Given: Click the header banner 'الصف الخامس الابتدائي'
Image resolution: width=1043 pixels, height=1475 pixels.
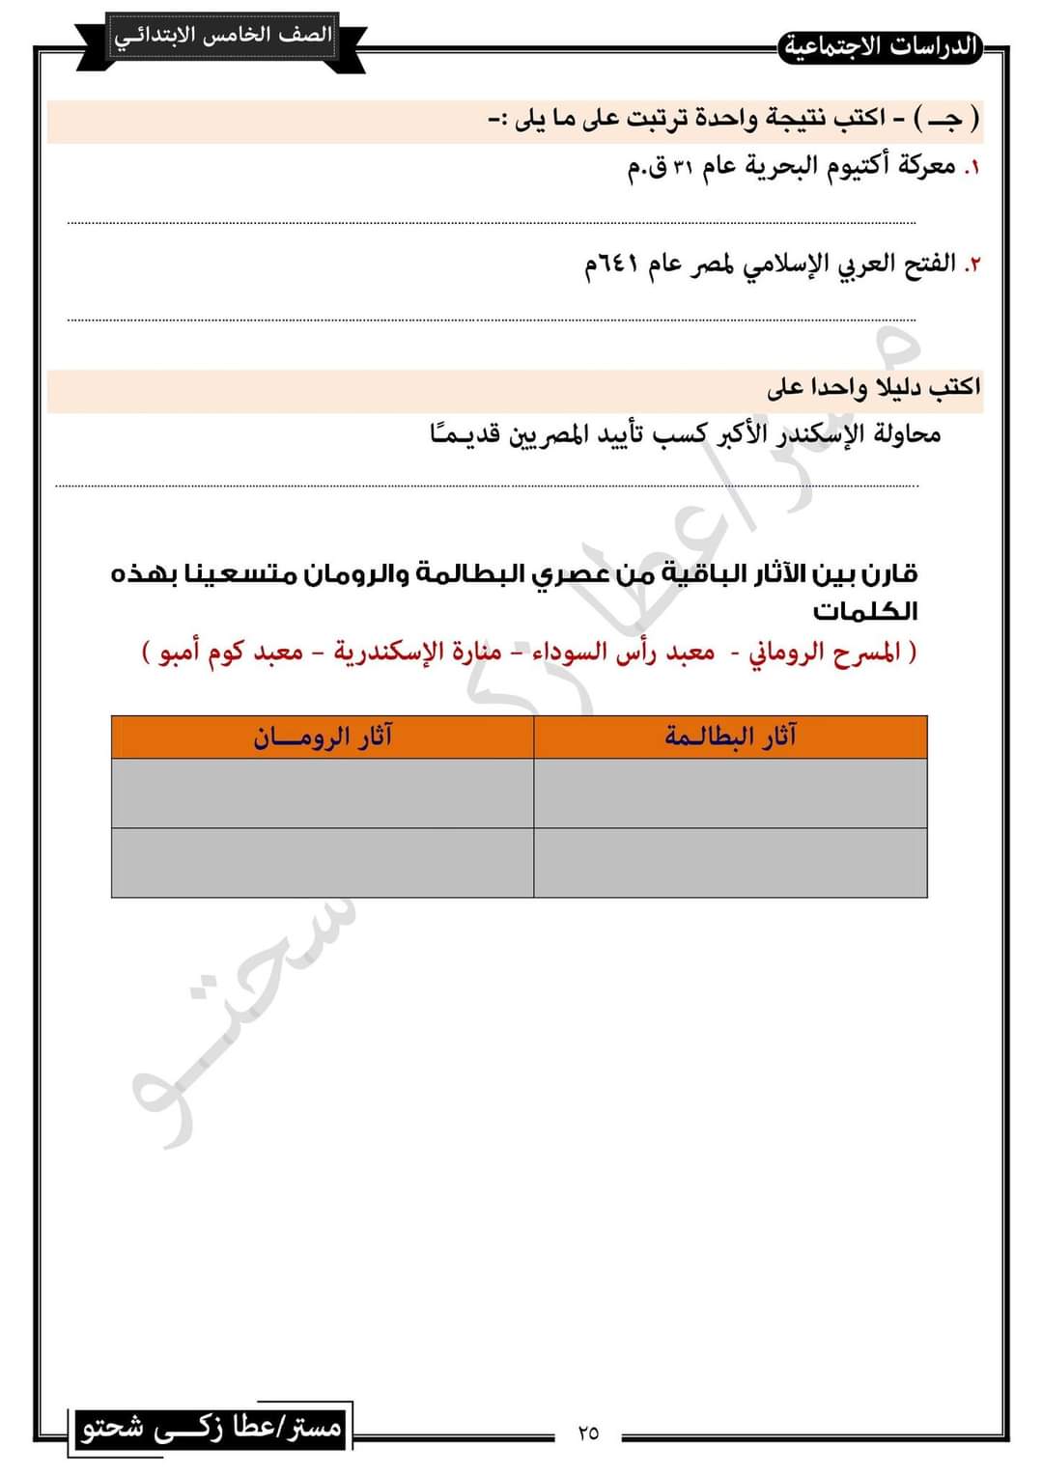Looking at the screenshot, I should click(222, 37).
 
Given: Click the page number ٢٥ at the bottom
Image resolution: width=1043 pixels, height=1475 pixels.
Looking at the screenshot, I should click(588, 1433).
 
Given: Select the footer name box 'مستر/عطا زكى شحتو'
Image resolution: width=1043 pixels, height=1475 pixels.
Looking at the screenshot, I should click(211, 1427).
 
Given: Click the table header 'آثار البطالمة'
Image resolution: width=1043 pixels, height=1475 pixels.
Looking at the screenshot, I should click(730, 737).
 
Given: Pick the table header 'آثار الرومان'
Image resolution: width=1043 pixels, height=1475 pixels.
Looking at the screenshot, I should click(323, 737).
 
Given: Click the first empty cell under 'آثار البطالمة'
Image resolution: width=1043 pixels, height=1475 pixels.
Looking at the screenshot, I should click(730, 793).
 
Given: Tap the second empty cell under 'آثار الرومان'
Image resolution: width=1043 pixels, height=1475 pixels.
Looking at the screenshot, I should click(323, 862).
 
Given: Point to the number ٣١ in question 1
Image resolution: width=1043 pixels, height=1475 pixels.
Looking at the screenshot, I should click(683, 167).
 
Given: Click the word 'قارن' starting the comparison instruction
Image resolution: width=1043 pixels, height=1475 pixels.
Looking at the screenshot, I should click(889, 574).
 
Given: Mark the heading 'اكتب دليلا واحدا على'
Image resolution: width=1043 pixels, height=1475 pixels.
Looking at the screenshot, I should click(873, 387).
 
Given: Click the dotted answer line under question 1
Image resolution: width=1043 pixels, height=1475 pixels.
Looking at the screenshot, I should click(492, 223).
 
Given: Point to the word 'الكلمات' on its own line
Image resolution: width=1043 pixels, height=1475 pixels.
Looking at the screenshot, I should click(865, 612).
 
